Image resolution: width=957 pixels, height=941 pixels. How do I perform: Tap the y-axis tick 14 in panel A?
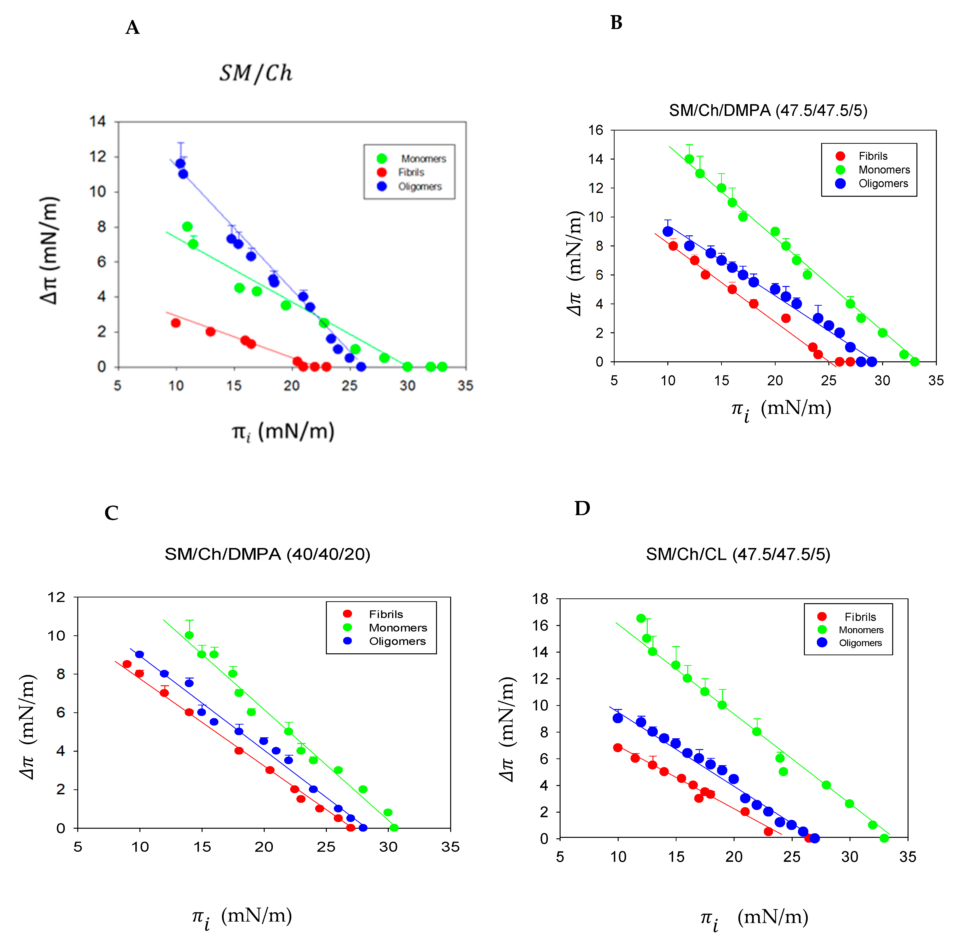(97, 122)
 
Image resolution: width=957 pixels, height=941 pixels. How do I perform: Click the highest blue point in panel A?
(180, 164)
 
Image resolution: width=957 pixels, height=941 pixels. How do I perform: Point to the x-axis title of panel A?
(283, 431)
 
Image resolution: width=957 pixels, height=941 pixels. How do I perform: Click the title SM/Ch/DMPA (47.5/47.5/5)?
(768, 110)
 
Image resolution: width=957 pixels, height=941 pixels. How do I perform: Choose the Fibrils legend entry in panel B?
(873, 156)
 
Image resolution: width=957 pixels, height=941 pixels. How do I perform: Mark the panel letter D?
(582, 508)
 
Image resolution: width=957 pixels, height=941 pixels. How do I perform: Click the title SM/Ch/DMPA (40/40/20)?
(267, 554)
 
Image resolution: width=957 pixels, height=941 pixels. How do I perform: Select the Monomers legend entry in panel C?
(397, 628)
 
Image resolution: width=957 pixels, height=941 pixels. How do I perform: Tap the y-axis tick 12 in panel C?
(56, 597)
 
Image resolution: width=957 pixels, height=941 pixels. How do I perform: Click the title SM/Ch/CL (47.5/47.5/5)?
(737, 554)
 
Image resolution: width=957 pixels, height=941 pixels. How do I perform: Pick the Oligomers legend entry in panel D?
(860, 643)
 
